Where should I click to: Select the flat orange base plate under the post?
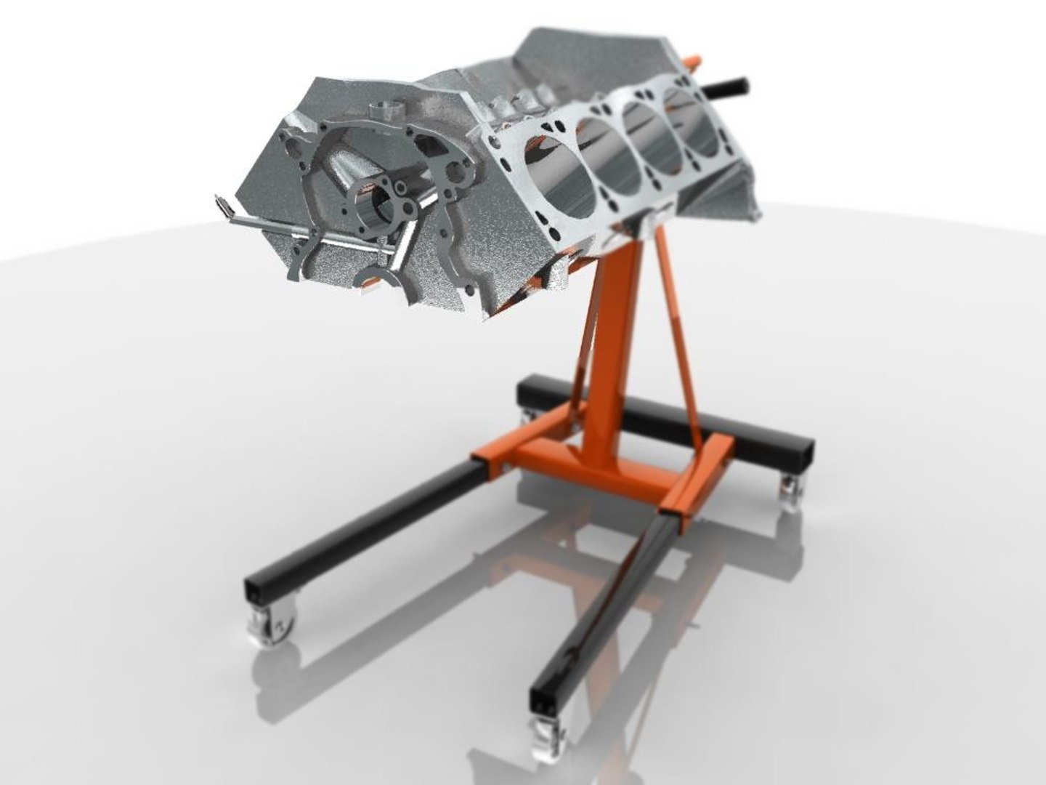pyautogui.click(x=603, y=465)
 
